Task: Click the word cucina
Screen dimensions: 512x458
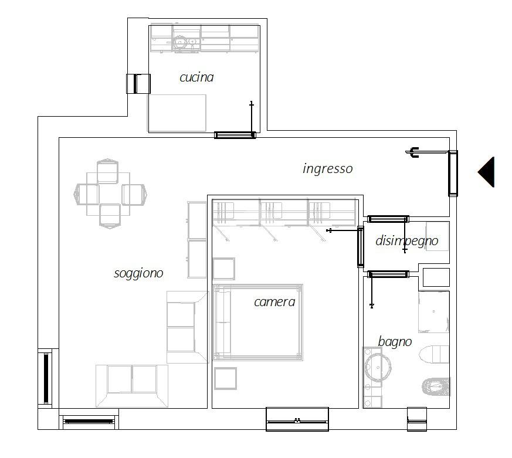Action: tap(196, 77)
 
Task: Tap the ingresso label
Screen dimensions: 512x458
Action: tap(327, 169)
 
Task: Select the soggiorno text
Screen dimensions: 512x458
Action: tap(138, 273)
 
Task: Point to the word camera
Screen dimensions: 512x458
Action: tap(274, 302)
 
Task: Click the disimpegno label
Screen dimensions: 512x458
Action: tap(407, 241)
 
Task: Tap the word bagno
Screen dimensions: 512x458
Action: tap(395, 342)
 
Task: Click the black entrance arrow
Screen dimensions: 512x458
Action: tap(487, 172)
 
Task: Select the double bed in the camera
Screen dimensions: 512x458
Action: tap(258, 323)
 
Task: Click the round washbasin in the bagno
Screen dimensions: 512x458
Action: tap(378, 368)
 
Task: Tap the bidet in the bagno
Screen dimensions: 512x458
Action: tap(436, 387)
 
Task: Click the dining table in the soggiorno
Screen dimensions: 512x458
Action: tap(108, 194)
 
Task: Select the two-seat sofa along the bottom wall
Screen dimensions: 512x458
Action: tap(132, 386)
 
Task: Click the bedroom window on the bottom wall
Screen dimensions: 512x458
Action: tap(297, 419)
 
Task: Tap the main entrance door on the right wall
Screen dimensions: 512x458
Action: tap(453, 174)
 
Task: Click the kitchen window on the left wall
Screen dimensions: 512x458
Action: tap(138, 84)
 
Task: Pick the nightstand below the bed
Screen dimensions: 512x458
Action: tap(225, 378)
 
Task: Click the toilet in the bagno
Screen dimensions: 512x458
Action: tap(434, 355)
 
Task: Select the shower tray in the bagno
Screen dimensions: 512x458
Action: tap(434, 312)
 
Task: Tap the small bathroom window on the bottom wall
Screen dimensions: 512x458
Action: tap(417, 419)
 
